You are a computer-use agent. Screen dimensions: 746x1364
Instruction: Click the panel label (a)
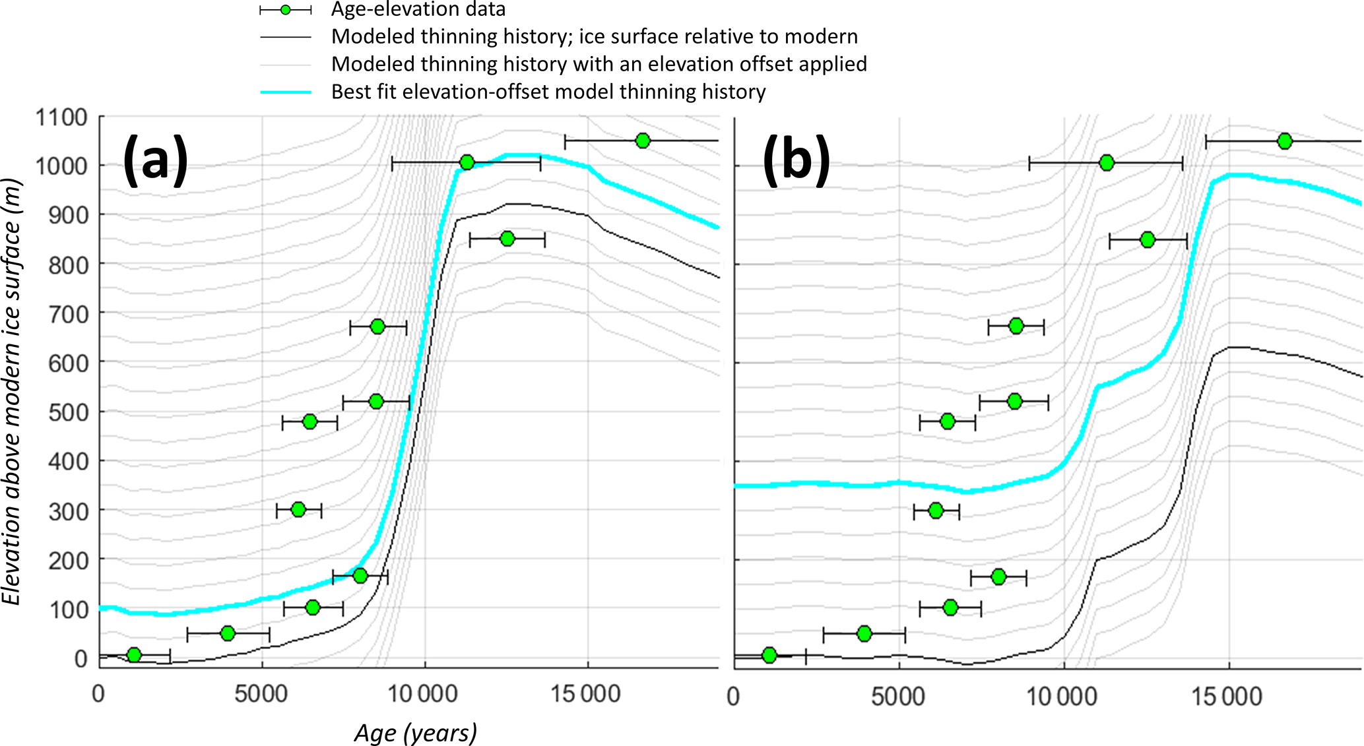[156, 160]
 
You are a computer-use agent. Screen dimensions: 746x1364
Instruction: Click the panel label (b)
[796, 160]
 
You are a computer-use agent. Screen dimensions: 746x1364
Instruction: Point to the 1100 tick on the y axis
[61, 117]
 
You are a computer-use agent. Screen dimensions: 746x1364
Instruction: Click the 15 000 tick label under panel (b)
[1227, 696]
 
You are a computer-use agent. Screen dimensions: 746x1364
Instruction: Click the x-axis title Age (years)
[416, 733]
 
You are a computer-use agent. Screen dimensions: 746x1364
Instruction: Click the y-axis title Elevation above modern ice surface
[12, 392]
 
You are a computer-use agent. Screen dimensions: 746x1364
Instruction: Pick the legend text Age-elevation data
[418, 10]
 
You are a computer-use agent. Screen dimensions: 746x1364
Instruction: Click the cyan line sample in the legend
[285, 92]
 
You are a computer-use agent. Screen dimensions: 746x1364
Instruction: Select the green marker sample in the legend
[285, 10]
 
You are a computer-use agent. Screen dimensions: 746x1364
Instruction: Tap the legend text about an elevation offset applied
[599, 64]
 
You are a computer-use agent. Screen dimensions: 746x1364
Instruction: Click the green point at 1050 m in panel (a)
[643, 140]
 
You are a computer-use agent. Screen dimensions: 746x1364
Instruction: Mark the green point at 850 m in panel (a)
[507, 239]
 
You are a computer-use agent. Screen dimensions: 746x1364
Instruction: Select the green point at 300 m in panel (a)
[298, 510]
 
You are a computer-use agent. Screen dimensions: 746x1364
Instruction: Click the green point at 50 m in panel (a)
[228, 633]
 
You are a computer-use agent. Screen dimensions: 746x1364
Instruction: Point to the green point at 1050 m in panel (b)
[1284, 141]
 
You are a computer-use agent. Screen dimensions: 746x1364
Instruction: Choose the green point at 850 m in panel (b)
[1148, 240]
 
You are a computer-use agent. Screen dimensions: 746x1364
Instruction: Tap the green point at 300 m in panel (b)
[935, 511]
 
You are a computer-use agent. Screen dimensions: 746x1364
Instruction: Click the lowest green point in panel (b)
[769, 655]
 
